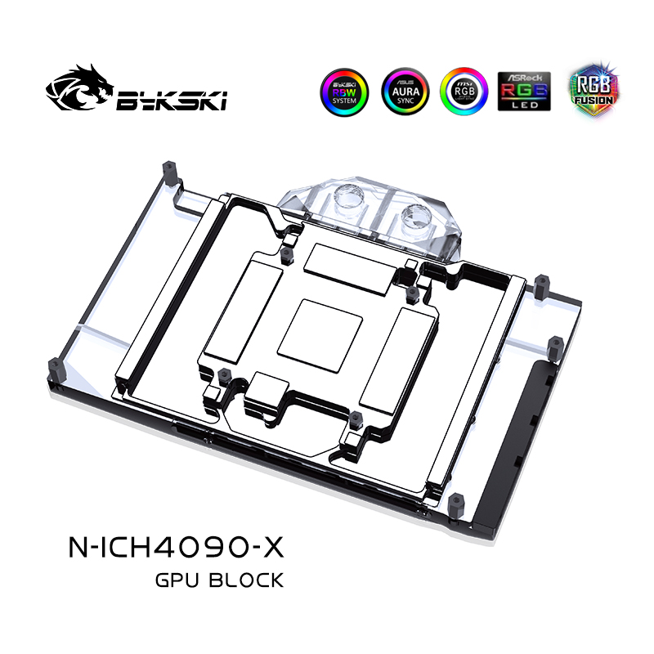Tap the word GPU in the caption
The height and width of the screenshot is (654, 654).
pos(176,581)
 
